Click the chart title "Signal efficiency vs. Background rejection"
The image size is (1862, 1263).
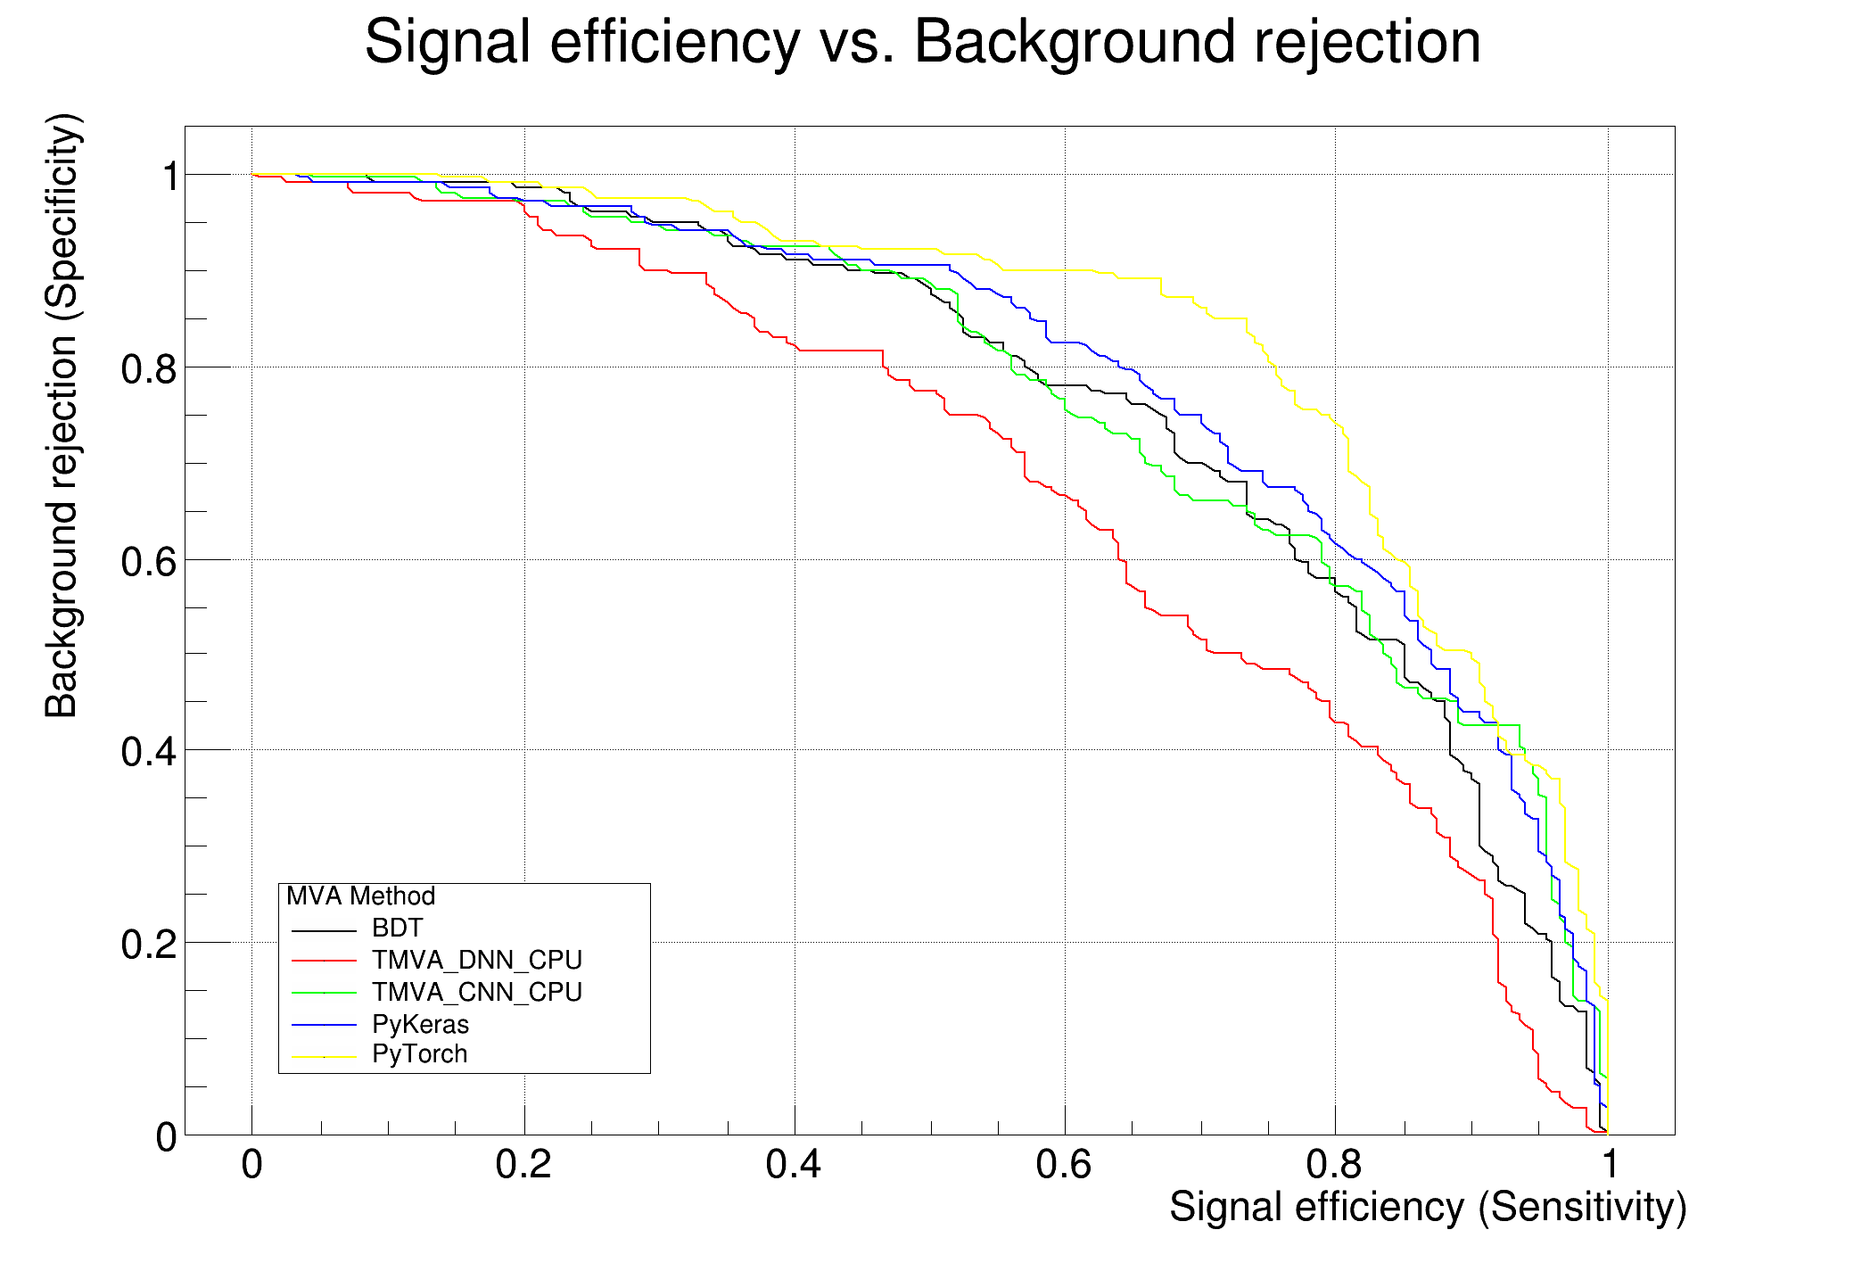[x=923, y=42]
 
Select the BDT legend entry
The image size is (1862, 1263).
[x=397, y=929]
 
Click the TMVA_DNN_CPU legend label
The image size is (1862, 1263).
[x=477, y=961]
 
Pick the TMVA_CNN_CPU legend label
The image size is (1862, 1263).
[x=477, y=993]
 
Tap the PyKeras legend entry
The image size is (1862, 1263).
[x=420, y=1024]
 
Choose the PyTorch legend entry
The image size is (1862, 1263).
[x=419, y=1054]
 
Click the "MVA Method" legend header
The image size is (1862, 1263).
[x=360, y=896]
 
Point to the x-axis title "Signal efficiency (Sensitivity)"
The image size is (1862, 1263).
[x=1428, y=1208]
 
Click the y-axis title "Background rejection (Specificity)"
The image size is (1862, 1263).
[x=62, y=416]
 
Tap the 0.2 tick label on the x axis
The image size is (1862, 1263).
[x=523, y=1165]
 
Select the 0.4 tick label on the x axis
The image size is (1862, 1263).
[x=794, y=1165]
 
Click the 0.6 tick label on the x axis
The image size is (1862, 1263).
[x=1064, y=1165]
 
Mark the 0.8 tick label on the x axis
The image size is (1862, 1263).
[x=1335, y=1165]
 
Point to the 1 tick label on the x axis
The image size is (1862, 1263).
[x=1608, y=1165]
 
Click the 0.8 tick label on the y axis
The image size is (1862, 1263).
[x=148, y=368]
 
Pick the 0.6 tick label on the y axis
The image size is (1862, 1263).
[x=148, y=561]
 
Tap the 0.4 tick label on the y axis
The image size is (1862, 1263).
[x=148, y=752]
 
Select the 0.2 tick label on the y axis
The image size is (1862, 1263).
[x=148, y=944]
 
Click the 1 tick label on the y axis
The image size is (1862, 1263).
[x=169, y=177]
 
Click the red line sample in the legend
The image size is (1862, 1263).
[x=324, y=961]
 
